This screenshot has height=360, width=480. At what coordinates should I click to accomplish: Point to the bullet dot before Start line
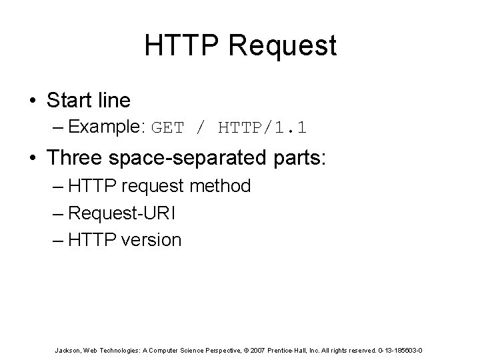(33, 101)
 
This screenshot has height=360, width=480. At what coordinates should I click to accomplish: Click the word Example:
(109, 127)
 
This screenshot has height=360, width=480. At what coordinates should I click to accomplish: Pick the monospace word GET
(167, 127)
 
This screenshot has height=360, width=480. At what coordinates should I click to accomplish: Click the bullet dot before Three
(33, 158)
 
